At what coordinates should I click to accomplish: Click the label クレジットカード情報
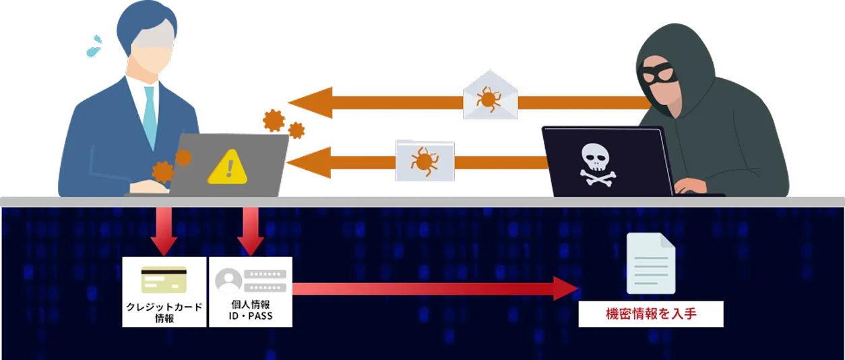(x=164, y=313)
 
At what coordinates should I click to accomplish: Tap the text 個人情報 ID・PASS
(x=251, y=311)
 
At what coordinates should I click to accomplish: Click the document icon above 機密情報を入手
(x=650, y=264)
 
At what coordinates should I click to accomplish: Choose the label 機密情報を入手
(x=650, y=315)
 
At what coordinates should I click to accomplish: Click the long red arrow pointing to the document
(x=431, y=287)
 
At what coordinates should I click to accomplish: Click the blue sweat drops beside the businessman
(x=94, y=46)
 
